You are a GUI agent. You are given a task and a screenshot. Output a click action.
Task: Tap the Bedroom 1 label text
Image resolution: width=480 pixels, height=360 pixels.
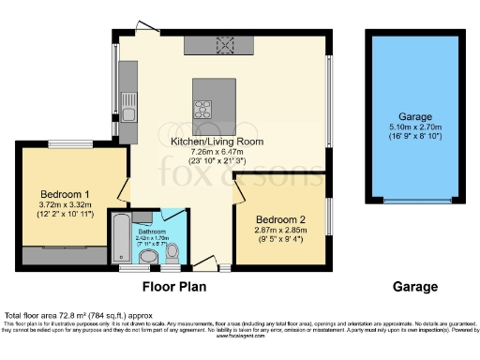pos(63,178)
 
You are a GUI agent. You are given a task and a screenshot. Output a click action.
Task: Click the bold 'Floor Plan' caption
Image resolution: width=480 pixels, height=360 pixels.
pos(173,287)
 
